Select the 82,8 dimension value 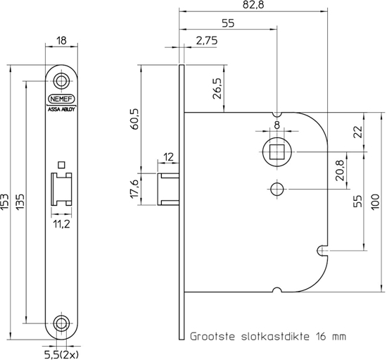pos(253,6)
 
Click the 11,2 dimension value pos(61,225)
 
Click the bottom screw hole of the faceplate pos(61,323)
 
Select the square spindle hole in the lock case pos(276,151)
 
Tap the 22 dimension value pos(357,131)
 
